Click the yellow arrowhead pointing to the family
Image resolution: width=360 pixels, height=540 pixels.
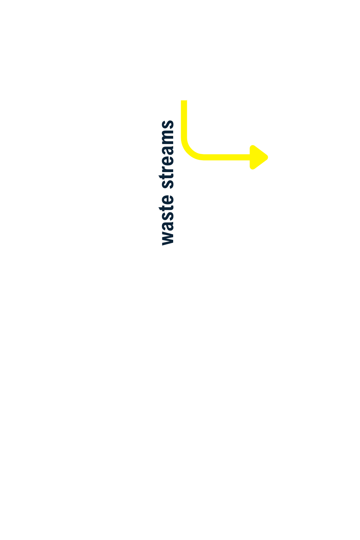click(x=258, y=157)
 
